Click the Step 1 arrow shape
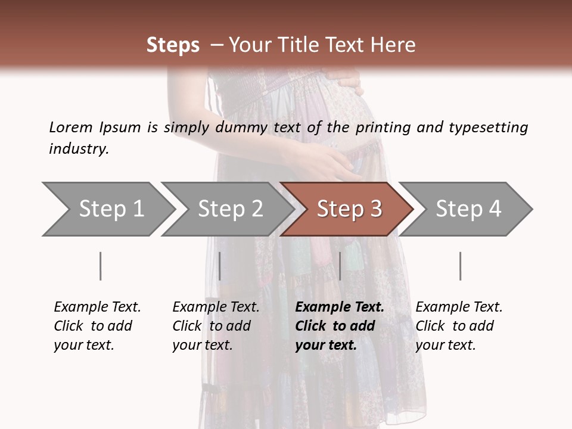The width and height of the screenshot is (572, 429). click(x=107, y=209)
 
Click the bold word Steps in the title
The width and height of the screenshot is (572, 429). click(x=173, y=45)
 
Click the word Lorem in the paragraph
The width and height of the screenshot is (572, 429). click(x=71, y=127)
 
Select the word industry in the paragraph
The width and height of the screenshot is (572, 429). click(x=79, y=148)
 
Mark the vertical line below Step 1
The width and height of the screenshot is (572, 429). click(x=101, y=266)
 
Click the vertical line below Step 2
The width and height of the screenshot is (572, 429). click(x=220, y=266)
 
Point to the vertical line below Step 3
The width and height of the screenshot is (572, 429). click(x=340, y=266)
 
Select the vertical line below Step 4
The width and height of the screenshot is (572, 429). click(x=460, y=266)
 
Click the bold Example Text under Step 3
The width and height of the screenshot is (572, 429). click(x=340, y=307)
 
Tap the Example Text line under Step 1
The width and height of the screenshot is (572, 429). click(x=97, y=307)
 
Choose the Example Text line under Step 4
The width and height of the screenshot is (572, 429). click(x=459, y=307)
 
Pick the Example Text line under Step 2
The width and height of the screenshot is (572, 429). click(x=216, y=307)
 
